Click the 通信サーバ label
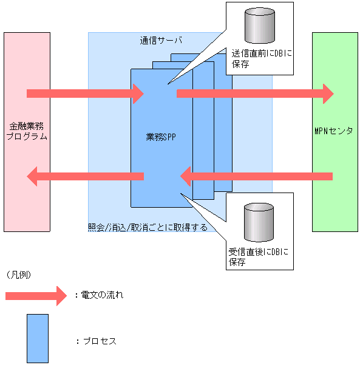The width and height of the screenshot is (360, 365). [161, 41]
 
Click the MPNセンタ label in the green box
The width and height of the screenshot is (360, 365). [334, 131]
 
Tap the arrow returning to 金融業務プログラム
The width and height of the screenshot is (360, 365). [85, 176]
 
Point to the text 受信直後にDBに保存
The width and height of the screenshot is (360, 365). [259, 257]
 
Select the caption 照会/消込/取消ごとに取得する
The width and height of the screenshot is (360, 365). [148, 228]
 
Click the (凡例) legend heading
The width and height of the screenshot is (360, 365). [19, 275]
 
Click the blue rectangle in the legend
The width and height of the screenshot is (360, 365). [37, 338]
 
